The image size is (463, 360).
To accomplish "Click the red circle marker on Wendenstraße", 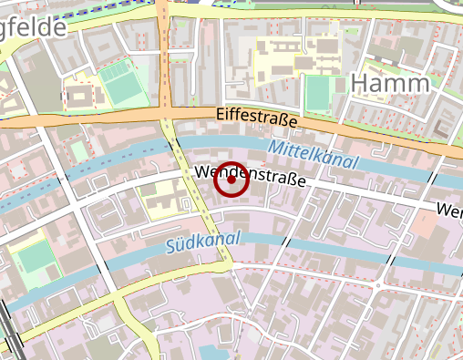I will [231, 180].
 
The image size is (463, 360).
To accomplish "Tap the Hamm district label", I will [389, 84].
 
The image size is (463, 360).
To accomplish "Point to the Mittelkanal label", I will [314, 153].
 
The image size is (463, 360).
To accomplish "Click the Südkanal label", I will [203, 242].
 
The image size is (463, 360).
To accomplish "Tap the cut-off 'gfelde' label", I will [33, 27].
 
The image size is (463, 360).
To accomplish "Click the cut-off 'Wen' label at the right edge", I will [449, 211].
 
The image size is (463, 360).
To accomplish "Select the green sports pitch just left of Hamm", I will [317, 92].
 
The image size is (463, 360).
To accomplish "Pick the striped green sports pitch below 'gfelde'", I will [118, 83].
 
